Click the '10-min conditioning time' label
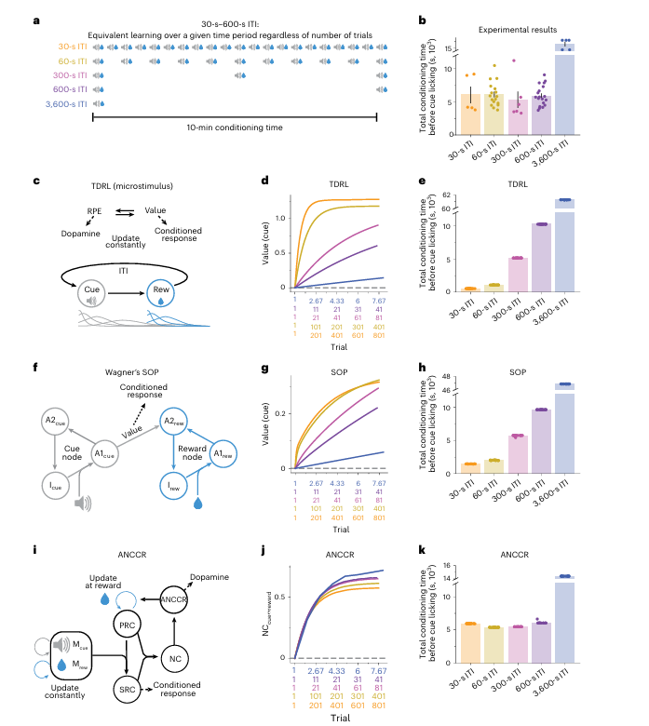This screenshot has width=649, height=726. (x=234, y=128)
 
